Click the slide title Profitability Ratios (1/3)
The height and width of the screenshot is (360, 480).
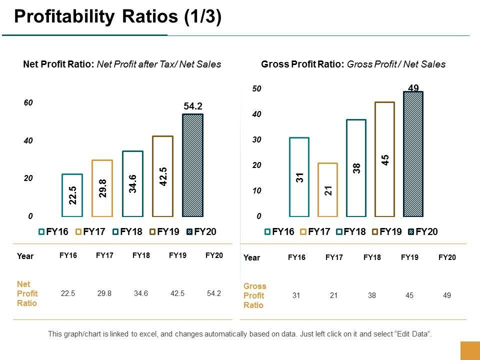click(x=117, y=17)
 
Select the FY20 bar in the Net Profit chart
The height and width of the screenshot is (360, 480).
click(x=192, y=165)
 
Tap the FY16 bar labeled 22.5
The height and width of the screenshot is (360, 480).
click(x=72, y=195)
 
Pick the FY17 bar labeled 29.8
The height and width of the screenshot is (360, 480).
click(x=102, y=188)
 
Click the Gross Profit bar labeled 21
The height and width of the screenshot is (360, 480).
click(x=328, y=189)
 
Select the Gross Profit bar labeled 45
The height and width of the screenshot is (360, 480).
click(x=384, y=159)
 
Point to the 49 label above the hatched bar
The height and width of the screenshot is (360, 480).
click(x=413, y=88)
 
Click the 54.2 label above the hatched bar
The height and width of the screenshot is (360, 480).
click(x=192, y=106)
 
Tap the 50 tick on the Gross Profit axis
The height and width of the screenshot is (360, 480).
click(x=257, y=89)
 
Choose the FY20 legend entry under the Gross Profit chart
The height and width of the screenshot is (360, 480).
click(x=423, y=231)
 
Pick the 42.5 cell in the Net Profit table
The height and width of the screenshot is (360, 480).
click(x=177, y=294)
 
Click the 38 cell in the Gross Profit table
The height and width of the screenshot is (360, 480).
click(x=372, y=295)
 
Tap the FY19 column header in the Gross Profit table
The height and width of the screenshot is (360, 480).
click(x=409, y=257)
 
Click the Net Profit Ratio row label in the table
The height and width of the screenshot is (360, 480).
click(x=27, y=293)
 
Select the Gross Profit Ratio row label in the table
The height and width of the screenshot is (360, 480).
click(x=255, y=295)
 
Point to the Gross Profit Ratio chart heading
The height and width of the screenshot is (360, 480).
click(x=353, y=64)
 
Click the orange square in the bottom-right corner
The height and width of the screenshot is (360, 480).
click(x=469, y=350)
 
